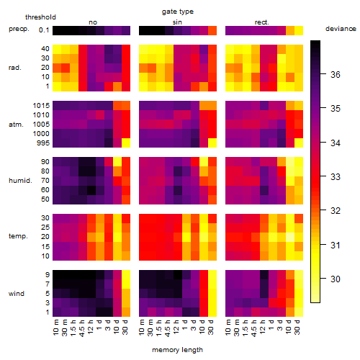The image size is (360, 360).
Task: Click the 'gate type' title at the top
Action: [x=178, y=12]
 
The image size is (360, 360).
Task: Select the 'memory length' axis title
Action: [x=177, y=350]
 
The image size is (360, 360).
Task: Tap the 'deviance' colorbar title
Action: [x=341, y=29]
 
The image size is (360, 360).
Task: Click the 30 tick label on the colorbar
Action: [x=336, y=279]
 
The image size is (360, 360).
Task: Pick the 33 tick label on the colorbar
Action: [x=336, y=177]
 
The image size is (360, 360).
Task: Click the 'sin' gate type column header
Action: [x=177, y=22]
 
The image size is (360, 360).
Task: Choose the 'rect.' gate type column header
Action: [x=261, y=22]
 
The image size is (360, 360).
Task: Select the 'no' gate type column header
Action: [x=93, y=22]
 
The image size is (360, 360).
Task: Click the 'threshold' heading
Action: [x=40, y=17]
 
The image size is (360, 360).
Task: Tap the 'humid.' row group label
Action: [x=20, y=181]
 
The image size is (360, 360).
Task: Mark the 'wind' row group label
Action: [x=17, y=294]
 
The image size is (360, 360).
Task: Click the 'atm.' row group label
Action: [x=16, y=125]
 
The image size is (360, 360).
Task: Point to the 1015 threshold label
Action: [x=41, y=106]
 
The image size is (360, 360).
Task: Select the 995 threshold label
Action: [x=43, y=143]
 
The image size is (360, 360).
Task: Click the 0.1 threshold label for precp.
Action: [x=44, y=30]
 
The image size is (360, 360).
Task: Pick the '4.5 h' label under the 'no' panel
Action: [x=81, y=328]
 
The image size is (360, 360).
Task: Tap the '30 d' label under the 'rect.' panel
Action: [x=297, y=327]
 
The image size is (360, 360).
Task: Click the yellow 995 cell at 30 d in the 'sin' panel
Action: [x=212, y=143]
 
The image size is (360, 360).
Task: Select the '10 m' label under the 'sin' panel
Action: [x=142, y=327]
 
